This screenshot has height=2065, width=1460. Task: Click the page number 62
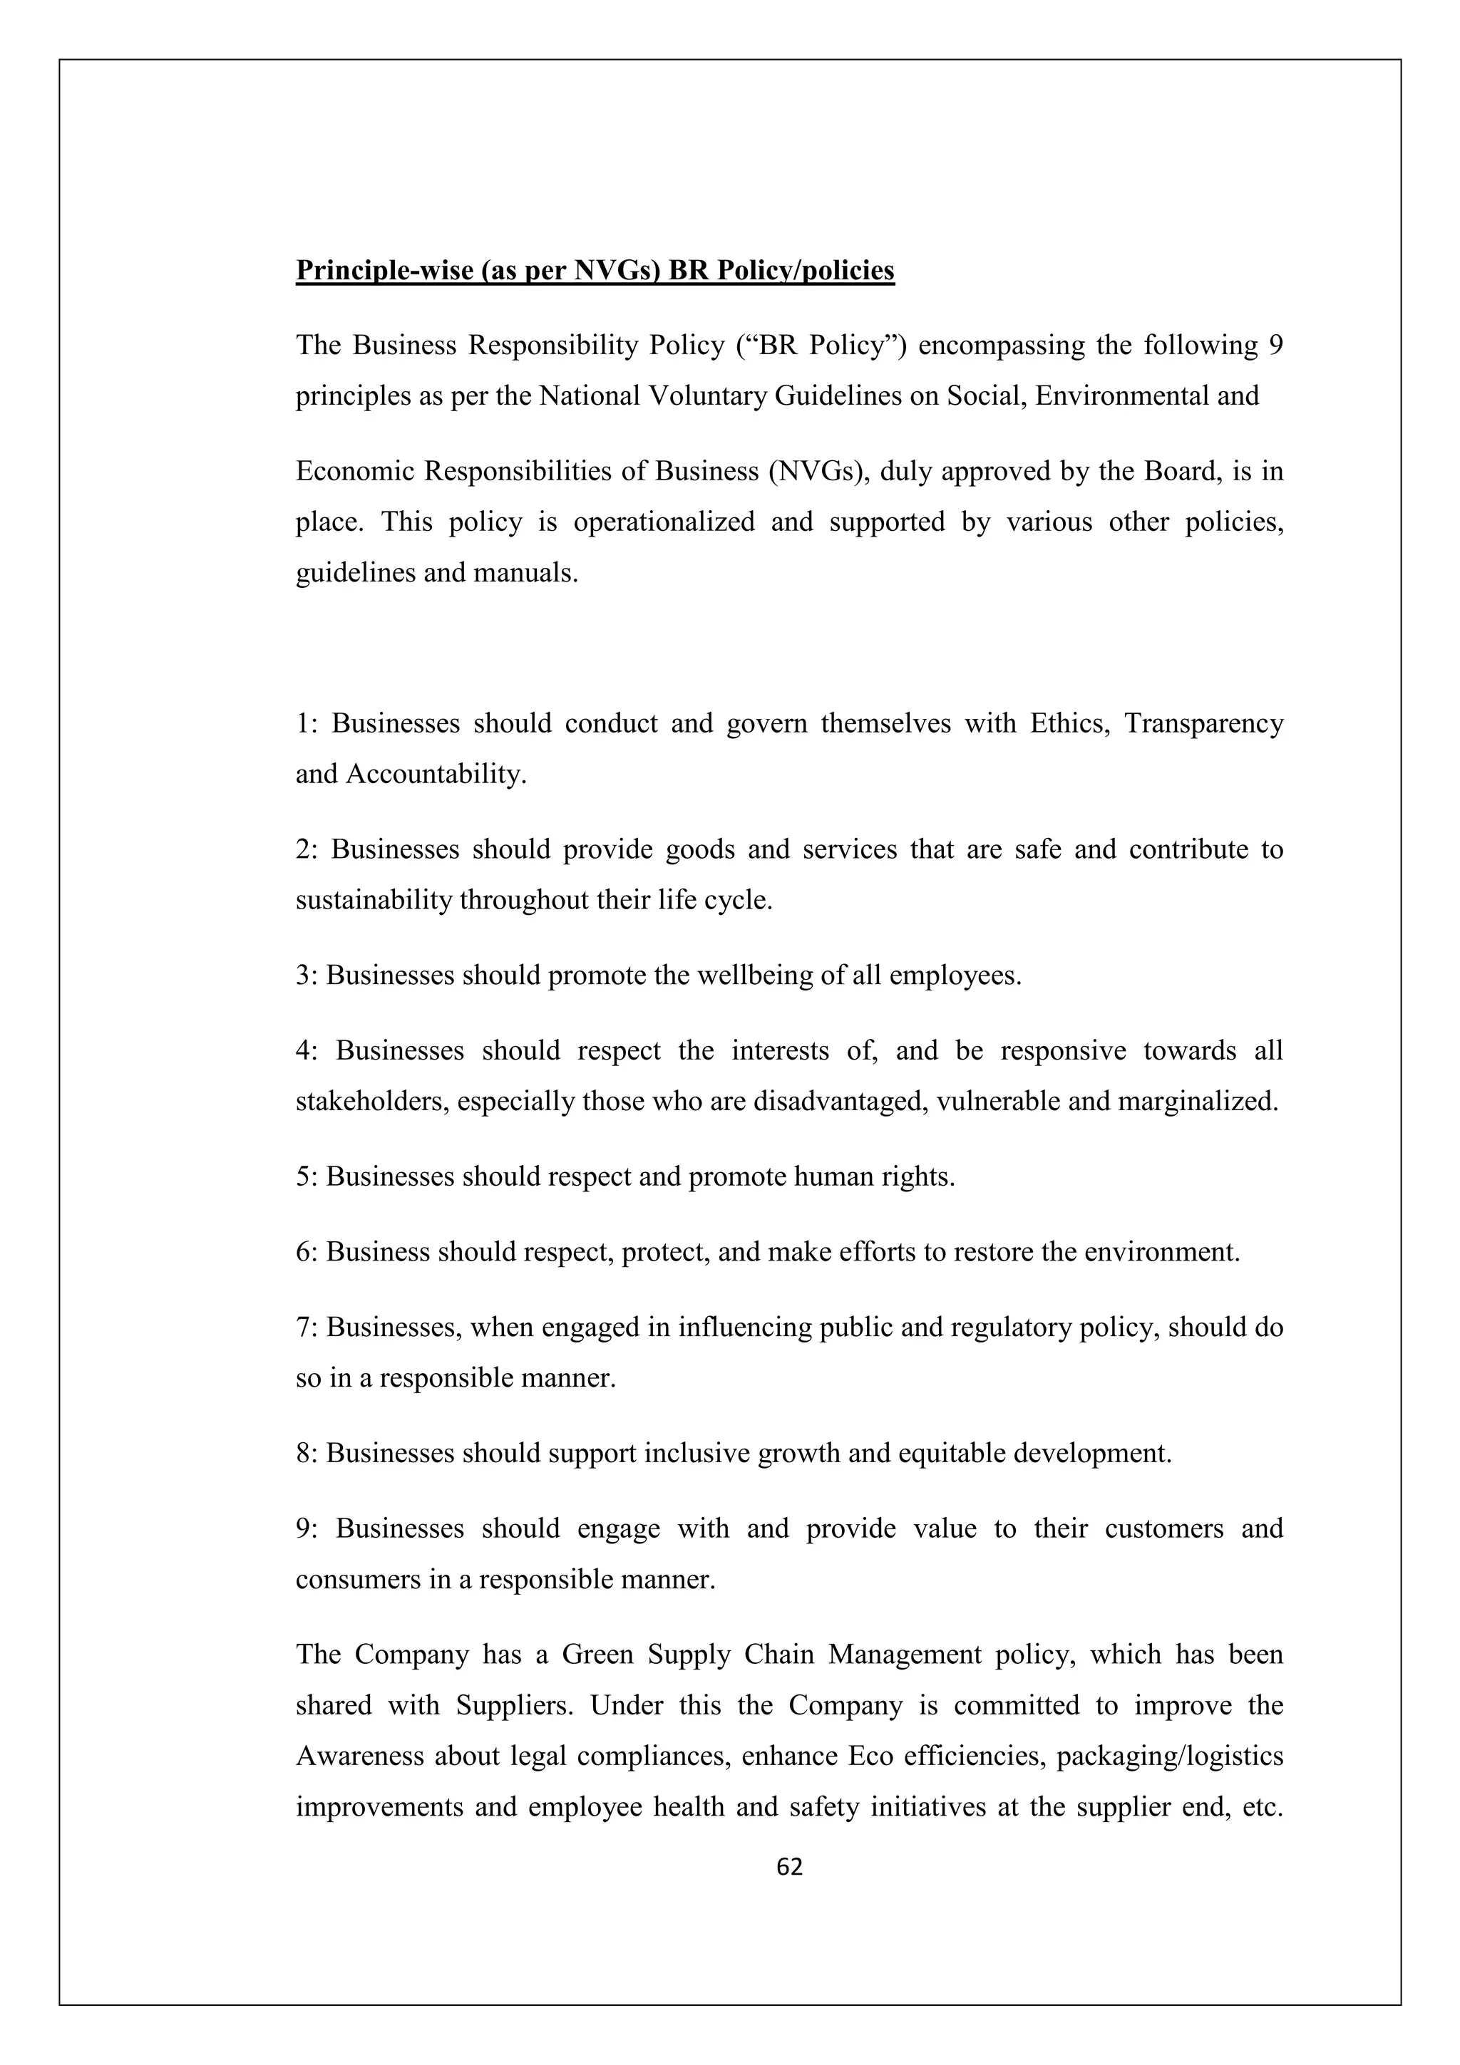pos(789,1867)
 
